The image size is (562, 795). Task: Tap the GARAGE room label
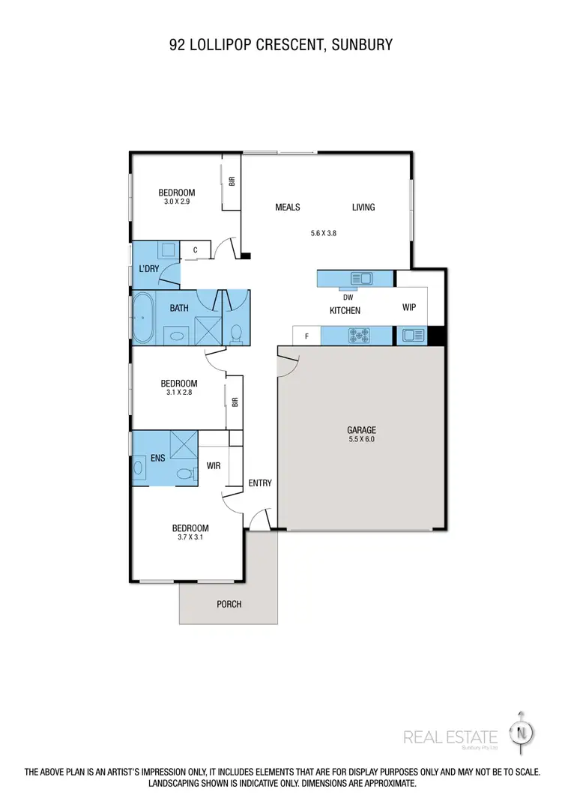[x=361, y=430]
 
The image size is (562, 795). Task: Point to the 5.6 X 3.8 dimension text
[x=323, y=233]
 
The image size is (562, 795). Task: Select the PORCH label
[x=229, y=604]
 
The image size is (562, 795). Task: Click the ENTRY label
[x=260, y=483]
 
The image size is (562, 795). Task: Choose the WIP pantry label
[x=408, y=307]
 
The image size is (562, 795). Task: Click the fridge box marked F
[x=306, y=336]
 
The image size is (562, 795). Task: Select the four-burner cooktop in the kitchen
[x=359, y=336]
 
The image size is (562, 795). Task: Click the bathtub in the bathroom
[x=142, y=318]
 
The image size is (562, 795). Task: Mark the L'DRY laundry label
[x=145, y=269]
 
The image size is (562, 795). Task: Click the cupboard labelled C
[x=195, y=250]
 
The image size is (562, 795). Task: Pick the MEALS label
[x=287, y=208]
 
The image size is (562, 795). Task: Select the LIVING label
[x=363, y=208]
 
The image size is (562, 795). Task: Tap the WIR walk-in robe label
[x=214, y=465]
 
